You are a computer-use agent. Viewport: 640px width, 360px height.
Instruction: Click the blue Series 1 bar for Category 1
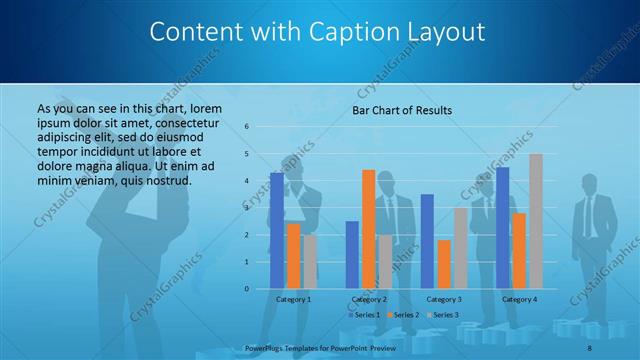(x=277, y=231)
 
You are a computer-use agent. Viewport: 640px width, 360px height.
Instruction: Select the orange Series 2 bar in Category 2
(x=368, y=229)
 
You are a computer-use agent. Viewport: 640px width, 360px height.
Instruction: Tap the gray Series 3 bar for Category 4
(x=535, y=221)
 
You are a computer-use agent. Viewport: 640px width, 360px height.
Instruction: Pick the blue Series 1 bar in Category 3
(x=427, y=241)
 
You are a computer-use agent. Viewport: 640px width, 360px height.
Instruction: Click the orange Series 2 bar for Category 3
(x=443, y=264)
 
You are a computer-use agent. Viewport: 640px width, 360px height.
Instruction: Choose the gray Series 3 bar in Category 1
(x=309, y=261)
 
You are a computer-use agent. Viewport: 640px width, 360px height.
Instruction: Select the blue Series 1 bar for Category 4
(x=502, y=228)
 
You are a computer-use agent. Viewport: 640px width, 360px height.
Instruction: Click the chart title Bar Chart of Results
(x=402, y=110)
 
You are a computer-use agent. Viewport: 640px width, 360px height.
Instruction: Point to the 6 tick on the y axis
(x=247, y=127)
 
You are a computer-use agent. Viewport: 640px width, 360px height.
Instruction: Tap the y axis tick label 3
(x=247, y=208)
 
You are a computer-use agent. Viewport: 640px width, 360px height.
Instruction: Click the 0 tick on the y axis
(x=247, y=289)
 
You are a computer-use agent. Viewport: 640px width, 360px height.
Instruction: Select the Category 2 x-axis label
(x=368, y=299)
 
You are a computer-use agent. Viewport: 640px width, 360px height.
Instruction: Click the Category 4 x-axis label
(x=519, y=299)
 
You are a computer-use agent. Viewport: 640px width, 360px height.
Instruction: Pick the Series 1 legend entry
(x=362, y=315)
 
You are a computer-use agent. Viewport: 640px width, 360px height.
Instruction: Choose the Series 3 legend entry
(x=446, y=315)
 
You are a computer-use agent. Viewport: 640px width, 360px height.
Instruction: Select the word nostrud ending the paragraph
(x=164, y=179)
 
